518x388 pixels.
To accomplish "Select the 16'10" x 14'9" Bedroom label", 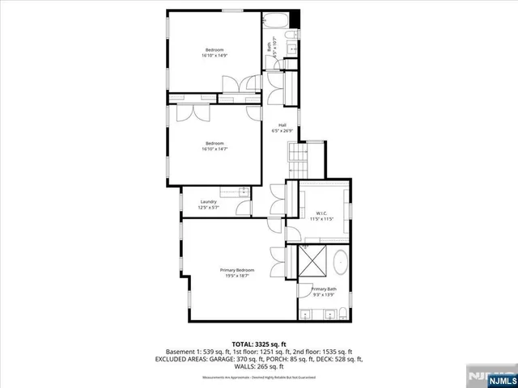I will pyautogui.click(x=214, y=53).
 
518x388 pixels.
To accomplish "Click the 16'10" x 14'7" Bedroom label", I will pyautogui.click(x=214, y=146).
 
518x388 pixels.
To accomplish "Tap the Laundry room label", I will pyautogui.click(x=209, y=205).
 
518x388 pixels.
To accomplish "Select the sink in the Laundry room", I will pyautogui.click(x=244, y=192).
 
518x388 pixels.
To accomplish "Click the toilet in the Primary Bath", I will pyautogui.click(x=342, y=314).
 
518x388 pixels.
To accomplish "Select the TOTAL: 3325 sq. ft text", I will pyautogui.click(x=259, y=344).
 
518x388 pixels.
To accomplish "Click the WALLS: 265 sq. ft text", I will pyautogui.click(x=259, y=366).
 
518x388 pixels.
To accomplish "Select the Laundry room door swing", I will pyautogui.click(x=244, y=209).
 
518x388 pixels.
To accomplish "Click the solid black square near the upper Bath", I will pyautogui.click(x=295, y=17).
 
